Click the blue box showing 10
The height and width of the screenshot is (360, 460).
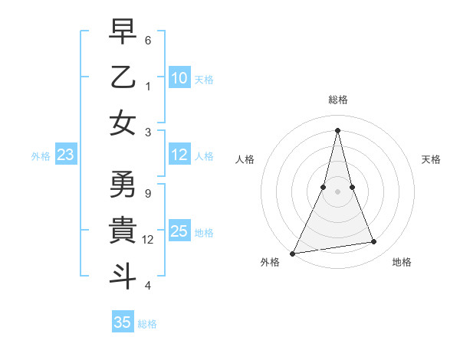pyautogui.click(x=179, y=78)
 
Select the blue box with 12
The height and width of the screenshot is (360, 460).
pyautogui.click(x=179, y=155)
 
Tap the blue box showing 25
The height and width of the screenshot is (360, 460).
pyautogui.click(x=179, y=232)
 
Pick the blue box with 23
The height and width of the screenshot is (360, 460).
pyautogui.click(x=66, y=155)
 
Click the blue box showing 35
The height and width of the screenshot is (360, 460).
pyautogui.click(x=123, y=322)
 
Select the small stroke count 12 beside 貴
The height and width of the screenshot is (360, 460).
pyautogui.click(x=149, y=239)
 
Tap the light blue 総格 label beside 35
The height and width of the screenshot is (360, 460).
pyautogui.click(x=147, y=324)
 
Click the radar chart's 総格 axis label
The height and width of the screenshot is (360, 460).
pyautogui.click(x=338, y=100)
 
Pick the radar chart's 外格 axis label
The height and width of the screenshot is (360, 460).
pyautogui.click(x=270, y=263)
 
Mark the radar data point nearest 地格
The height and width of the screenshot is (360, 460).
pyautogui.click(x=374, y=242)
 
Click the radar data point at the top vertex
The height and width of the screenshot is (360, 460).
pyautogui.click(x=338, y=130)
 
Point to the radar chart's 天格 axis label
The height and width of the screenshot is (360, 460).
pyautogui.click(x=431, y=159)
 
